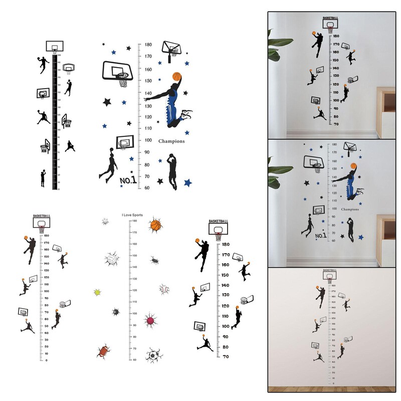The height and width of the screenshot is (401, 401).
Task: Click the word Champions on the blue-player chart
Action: (171, 141)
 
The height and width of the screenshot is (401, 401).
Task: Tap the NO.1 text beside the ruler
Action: (128, 180)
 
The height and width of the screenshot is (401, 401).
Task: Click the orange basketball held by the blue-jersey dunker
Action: (176, 77)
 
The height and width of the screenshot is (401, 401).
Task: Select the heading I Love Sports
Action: (132, 215)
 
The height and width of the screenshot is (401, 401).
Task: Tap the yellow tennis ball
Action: (98, 292)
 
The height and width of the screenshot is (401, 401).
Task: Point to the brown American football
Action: (104, 350)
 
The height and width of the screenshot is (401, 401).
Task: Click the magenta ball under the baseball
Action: (150, 320)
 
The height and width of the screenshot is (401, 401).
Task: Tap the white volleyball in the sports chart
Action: (112, 259)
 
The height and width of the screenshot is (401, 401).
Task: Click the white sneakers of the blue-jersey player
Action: (186, 115)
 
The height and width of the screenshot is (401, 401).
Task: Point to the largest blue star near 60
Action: (188, 182)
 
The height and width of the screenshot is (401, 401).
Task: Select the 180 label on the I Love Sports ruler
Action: (134, 221)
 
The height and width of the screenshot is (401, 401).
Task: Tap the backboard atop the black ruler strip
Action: (54, 47)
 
